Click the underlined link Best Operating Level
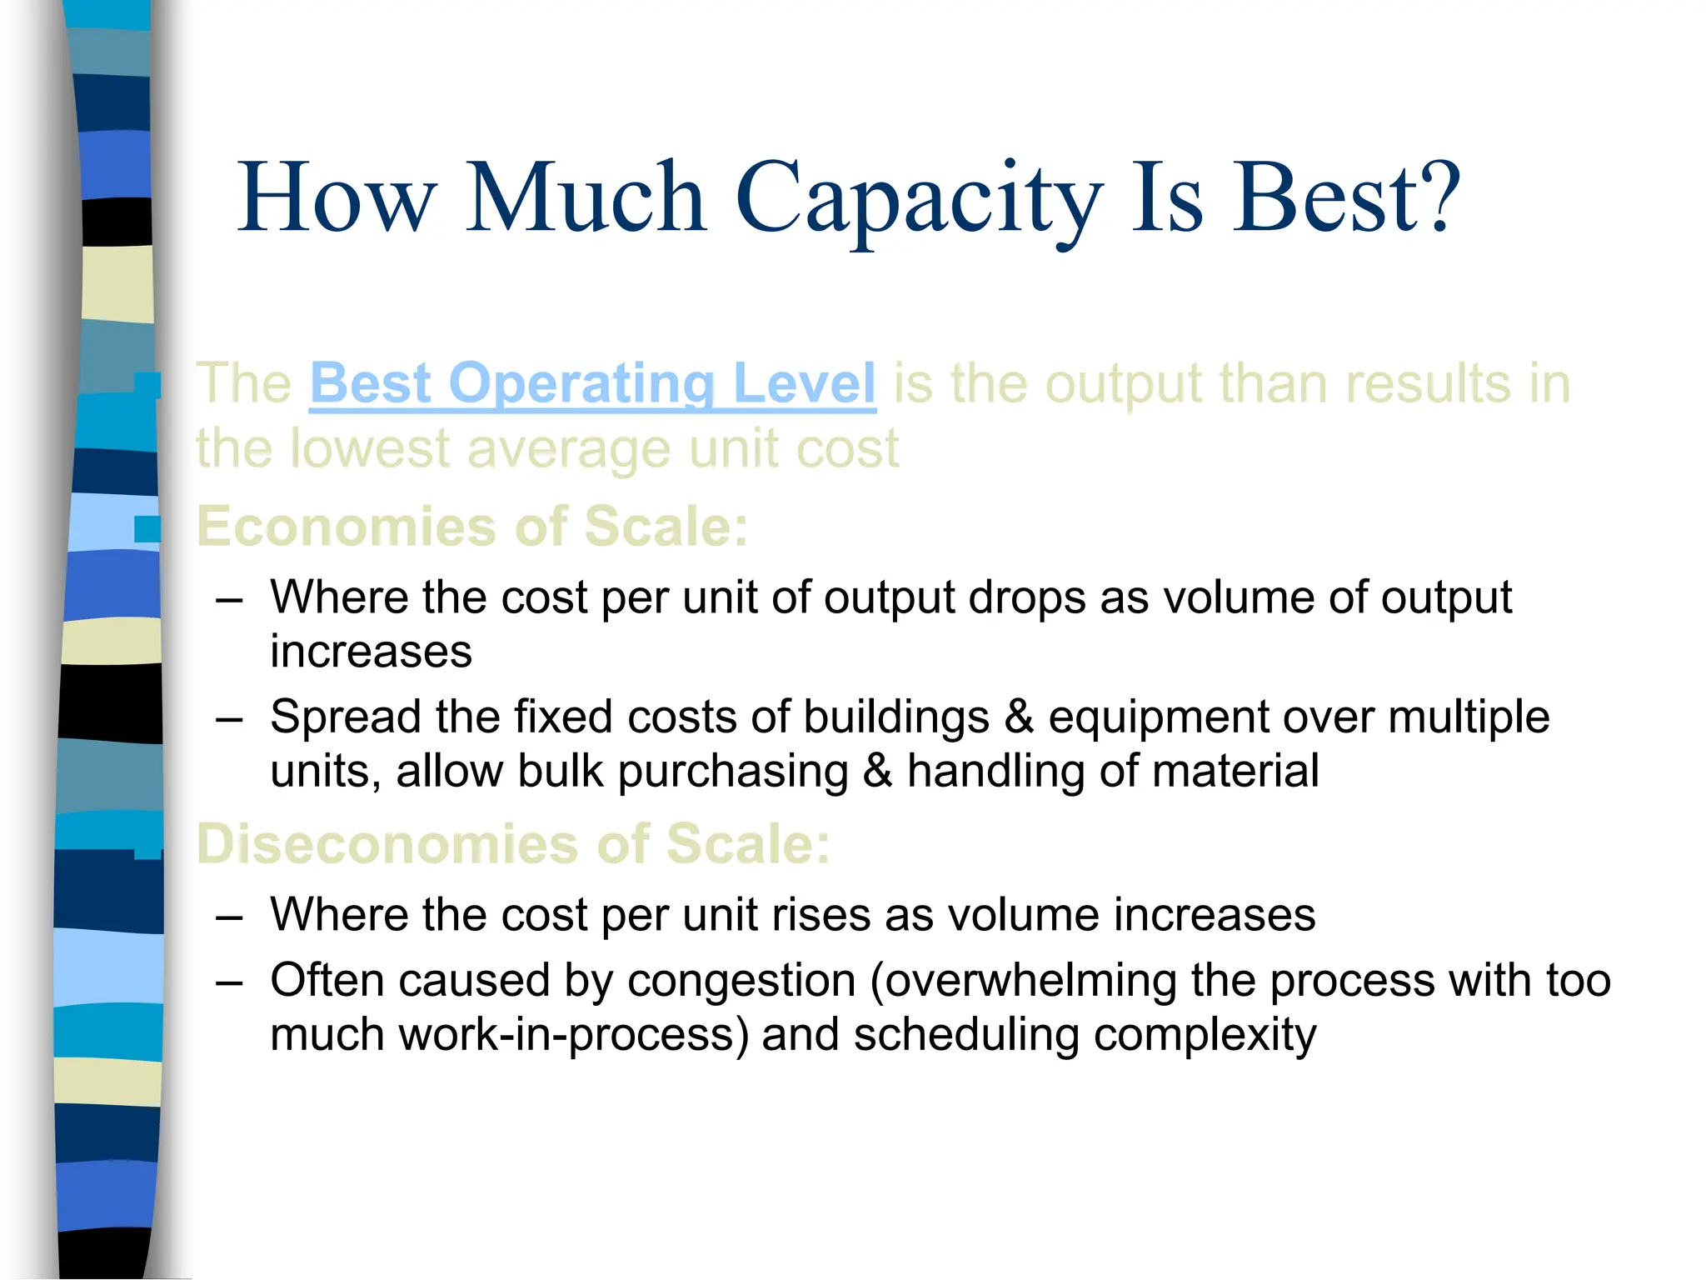592,384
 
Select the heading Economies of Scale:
472,527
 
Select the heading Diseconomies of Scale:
513,843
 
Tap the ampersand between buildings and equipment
1019,717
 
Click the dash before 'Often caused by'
228,982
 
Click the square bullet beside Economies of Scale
147,528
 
